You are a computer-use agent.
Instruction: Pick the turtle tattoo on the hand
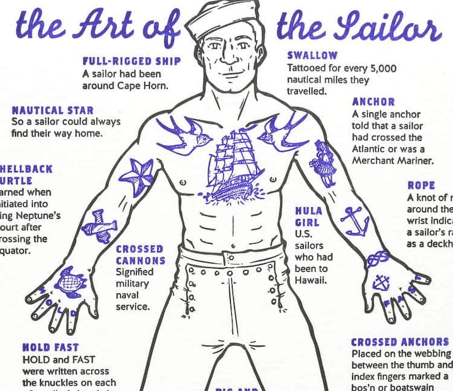pyautogui.click(x=70, y=281)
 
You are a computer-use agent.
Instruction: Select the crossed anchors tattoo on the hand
pyautogui.click(x=381, y=281)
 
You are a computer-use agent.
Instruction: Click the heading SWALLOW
pyautogui.click(x=312, y=56)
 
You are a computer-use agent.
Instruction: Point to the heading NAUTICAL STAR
pyautogui.click(x=53, y=111)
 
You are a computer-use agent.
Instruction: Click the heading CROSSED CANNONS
pyautogui.click(x=140, y=254)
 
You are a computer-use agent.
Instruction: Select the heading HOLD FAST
pyautogui.click(x=51, y=347)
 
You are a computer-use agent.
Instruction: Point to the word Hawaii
pyautogui.click(x=311, y=280)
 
